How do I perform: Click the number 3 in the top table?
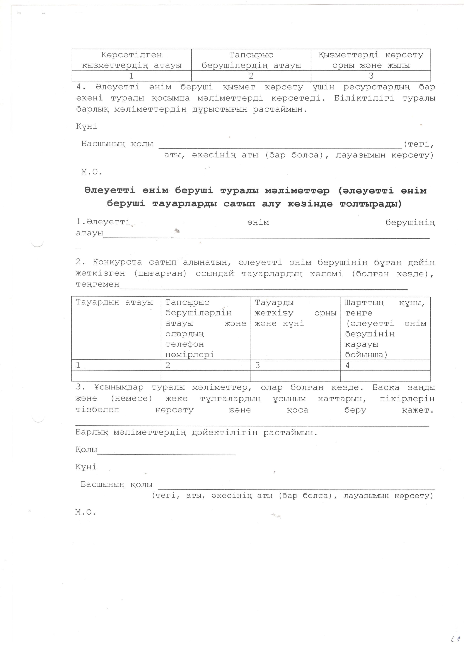pyautogui.click(x=371, y=76)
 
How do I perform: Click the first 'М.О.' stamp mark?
pyautogui.click(x=91, y=172)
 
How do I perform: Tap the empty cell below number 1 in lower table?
pyautogui.click(x=116, y=376)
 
